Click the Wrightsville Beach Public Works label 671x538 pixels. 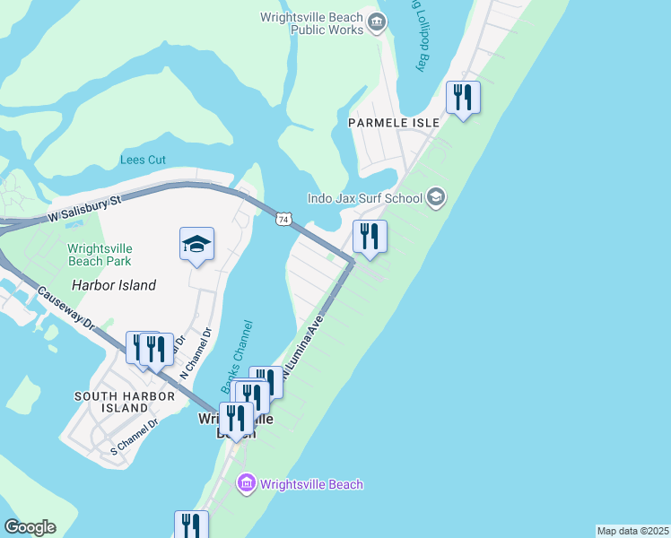312,23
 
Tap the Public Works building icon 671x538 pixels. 378,22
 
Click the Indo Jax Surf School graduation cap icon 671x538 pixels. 436,197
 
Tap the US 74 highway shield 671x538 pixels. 283,219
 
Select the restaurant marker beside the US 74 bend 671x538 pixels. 370,237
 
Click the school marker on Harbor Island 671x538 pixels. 197,244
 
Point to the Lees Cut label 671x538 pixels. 144,160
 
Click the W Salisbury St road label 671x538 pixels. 84,211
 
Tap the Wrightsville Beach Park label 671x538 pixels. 100,255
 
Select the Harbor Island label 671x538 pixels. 114,285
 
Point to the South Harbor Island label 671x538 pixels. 111,402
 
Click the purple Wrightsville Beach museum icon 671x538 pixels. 247,485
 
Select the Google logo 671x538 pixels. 30,527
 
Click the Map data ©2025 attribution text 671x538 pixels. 632,531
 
